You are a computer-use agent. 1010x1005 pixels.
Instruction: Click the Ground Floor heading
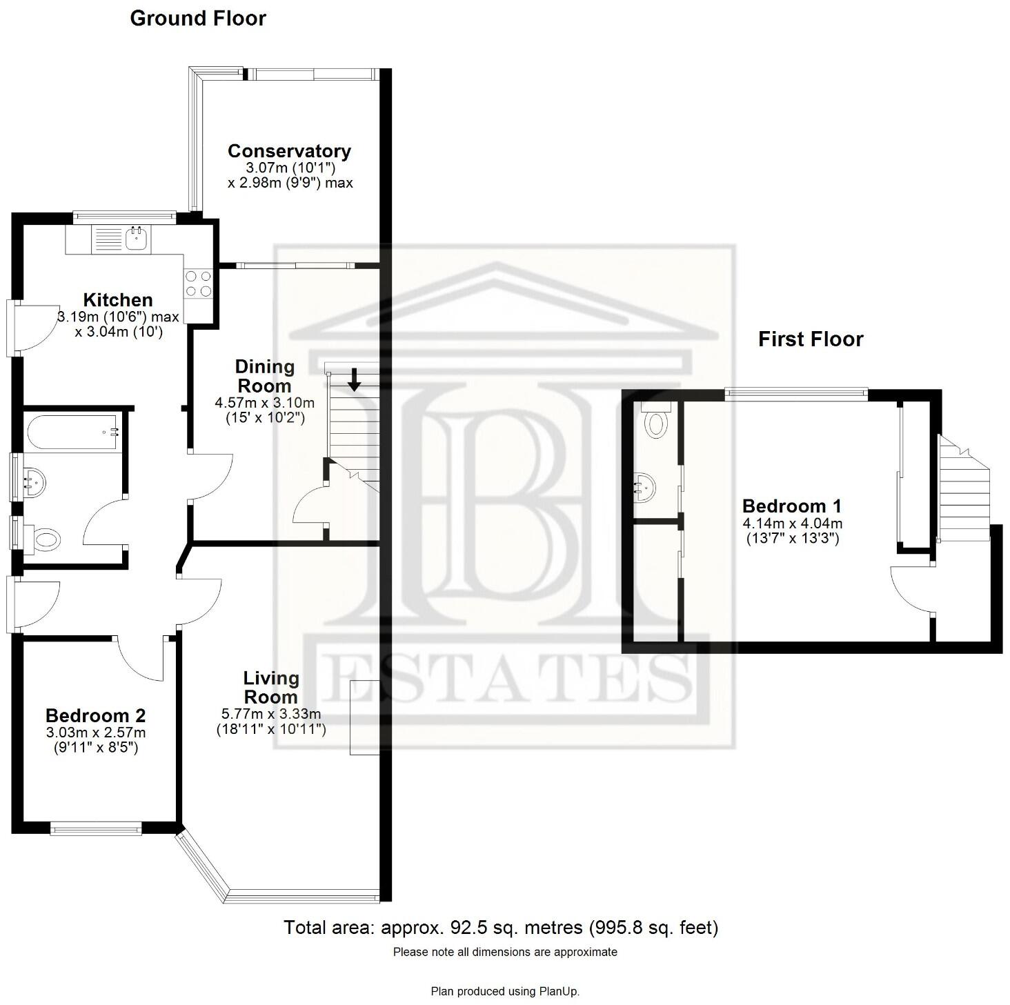(198, 19)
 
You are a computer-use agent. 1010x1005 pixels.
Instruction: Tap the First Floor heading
(811, 339)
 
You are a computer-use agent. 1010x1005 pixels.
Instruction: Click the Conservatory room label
(289, 151)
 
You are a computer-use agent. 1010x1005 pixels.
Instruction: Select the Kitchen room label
(118, 300)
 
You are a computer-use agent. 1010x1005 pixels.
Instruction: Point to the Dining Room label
(264, 377)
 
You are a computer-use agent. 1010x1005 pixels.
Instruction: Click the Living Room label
(271, 687)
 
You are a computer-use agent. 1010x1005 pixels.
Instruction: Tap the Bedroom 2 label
(95, 716)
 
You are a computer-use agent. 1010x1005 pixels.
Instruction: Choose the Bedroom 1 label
(792, 506)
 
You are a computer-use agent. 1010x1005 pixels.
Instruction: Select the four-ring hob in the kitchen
(198, 283)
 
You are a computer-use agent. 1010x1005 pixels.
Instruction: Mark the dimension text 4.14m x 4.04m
(793, 524)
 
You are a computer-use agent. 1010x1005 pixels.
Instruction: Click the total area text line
(501, 928)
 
